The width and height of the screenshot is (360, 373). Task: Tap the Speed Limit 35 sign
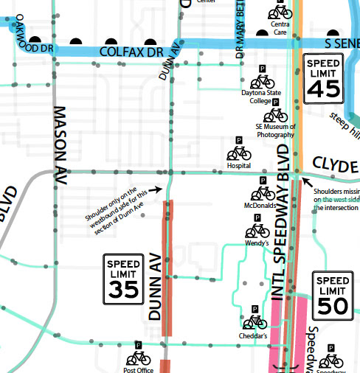(x=122, y=279)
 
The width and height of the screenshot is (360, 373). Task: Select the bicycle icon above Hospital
(x=239, y=153)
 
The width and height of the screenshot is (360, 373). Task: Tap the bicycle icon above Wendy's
(x=256, y=231)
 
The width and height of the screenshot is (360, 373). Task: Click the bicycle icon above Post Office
(x=138, y=358)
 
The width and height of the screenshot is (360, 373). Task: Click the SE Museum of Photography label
(x=274, y=130)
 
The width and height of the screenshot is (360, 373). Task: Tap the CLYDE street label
(x=335, y=164)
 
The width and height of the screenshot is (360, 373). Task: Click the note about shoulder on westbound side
(x=119, y=209)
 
